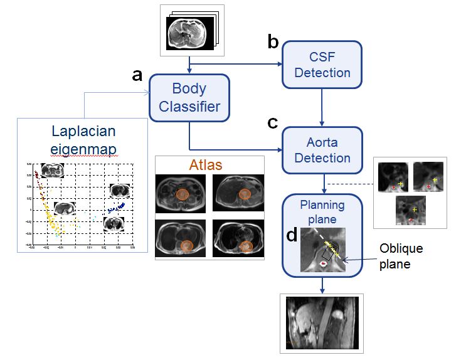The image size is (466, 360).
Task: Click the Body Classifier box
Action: click(189, 97)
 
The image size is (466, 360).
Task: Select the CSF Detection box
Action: click(322, 63)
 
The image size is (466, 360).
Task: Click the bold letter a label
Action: click(137, 75)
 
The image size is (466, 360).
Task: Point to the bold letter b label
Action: click(273, 42)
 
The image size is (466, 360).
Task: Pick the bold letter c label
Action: click(273, 122)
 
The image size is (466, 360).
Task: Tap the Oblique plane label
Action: click(401, 256)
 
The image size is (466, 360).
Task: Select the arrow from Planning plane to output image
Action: click(322, 285)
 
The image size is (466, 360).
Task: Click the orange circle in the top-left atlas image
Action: click(182, 194)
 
